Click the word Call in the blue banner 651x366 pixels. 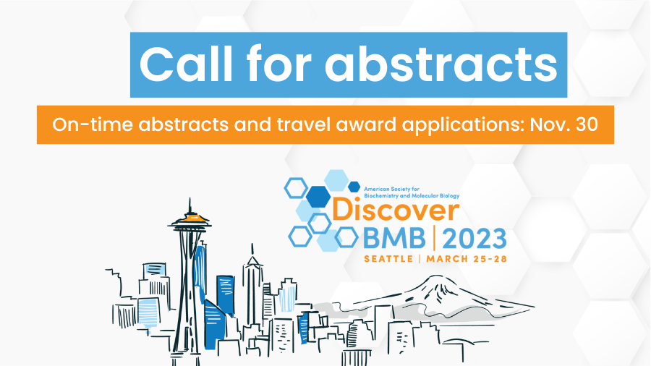186,64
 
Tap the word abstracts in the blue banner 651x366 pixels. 441,64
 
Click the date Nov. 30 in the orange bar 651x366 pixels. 563,124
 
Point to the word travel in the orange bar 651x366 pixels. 304,124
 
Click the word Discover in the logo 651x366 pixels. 396,210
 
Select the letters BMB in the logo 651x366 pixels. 394,238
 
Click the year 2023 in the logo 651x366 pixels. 474,238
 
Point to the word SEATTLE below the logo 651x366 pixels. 388,259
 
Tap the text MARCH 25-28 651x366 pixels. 467,259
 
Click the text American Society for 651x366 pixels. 391,190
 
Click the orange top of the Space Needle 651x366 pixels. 190,218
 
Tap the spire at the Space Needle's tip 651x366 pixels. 190,206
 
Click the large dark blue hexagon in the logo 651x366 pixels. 318,196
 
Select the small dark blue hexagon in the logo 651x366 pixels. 354,187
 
